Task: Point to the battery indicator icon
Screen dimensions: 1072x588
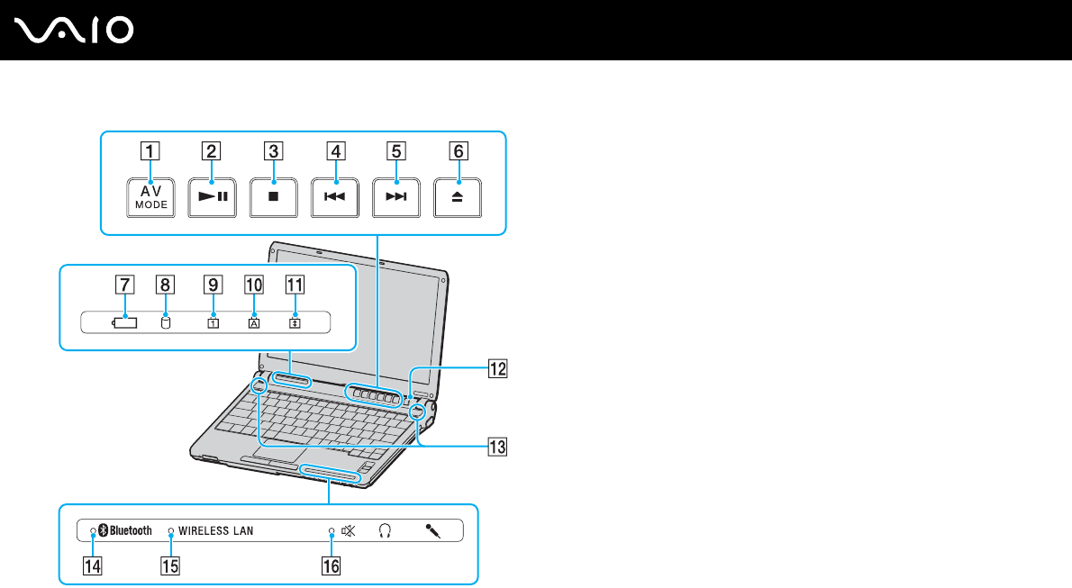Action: pos(126,323)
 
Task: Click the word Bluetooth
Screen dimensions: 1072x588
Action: pos(130,531)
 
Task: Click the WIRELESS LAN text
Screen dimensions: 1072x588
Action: pos(216,531)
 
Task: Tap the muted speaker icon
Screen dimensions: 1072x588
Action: pos(349,531)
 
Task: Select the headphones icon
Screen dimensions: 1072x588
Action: pos(386,531)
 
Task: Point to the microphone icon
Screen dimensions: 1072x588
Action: pos(433,531)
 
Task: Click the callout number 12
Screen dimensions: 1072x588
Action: pos(497,367)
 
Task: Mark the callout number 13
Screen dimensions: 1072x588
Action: pos(497,445)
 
